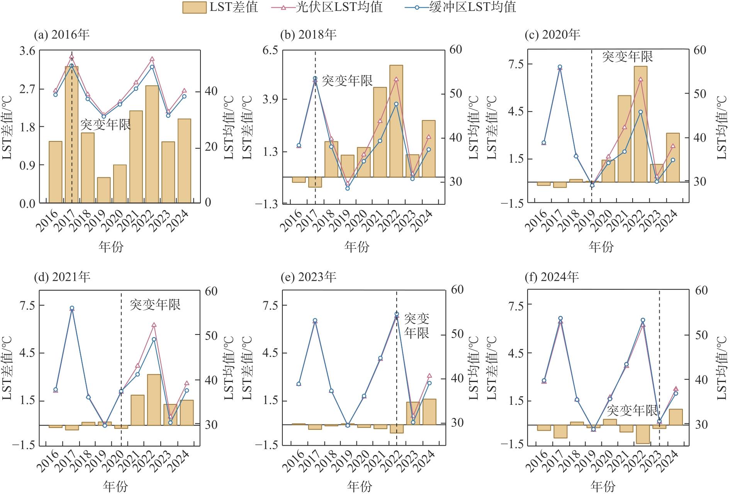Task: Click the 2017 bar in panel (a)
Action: point(71,134)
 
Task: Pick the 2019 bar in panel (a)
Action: point(104,190)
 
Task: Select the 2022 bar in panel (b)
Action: point(396,121)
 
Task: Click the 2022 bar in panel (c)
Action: point(640,124)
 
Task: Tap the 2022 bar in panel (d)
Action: point(154,400)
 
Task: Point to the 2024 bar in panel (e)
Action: point(429,412)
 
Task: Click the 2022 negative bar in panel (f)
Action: point(643,434)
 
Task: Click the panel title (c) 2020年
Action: point(552,35)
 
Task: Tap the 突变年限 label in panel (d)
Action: point(155,305)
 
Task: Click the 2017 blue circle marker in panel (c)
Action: point(560,67)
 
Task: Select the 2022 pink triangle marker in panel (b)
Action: point(396,79)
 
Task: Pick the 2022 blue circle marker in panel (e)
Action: point(397,314)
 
